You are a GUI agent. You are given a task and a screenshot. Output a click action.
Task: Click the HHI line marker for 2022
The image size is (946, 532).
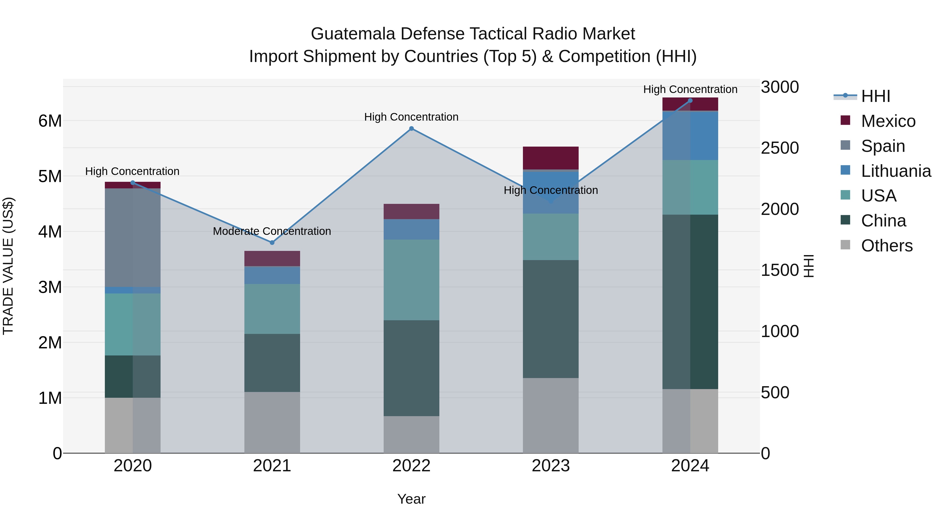[411, 128]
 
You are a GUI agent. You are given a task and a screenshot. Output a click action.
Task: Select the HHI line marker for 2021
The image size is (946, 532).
[272, 243]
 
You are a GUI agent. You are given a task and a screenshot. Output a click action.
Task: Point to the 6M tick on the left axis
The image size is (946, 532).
[50, 121]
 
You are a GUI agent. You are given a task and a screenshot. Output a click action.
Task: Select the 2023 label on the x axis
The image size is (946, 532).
[551, 466]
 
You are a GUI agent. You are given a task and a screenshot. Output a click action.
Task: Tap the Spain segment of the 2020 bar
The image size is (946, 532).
[133, 237]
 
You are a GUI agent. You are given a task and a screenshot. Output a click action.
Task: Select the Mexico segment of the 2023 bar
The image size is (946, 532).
[551, 158]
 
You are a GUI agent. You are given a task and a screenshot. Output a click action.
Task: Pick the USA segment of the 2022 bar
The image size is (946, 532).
[411, 280]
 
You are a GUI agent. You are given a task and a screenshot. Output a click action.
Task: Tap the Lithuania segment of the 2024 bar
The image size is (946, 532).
[690, 136]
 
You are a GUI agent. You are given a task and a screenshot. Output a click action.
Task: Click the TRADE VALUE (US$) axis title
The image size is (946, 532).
[8, 266]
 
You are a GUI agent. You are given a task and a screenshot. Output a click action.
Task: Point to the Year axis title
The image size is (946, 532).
[411, 499]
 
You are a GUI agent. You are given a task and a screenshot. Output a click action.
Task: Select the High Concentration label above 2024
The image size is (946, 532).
[690, 89]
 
